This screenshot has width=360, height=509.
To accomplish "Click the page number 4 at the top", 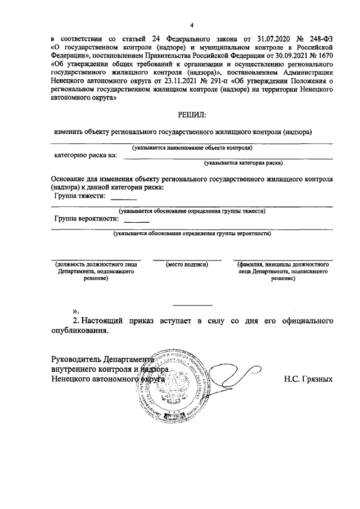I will coord(191,25).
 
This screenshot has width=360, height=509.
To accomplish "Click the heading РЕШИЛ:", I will coord(192,115).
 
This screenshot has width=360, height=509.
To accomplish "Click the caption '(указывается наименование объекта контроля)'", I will coord(192,148).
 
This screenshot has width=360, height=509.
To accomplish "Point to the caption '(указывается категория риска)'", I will coord(243,163).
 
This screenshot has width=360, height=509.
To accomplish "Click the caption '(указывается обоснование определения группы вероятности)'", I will coord(192,233).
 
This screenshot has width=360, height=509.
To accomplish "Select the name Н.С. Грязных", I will coord(308,379).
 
